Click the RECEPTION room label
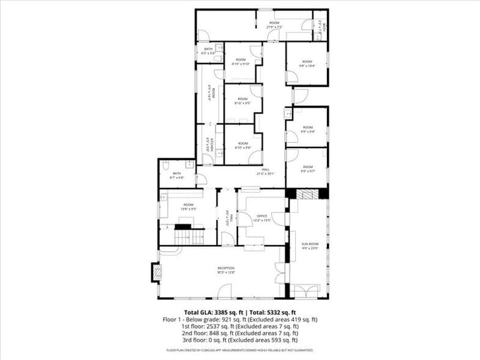coord(226,270)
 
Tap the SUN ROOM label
coord(310,246)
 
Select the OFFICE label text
coord(262,217)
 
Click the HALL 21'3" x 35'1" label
coord(266,171)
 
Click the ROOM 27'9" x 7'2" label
coord(274,25)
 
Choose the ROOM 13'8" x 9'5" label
coord(188,207)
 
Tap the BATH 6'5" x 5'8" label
coord(209,51)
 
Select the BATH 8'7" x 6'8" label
coord(177,176)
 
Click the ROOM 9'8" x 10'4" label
coord(307,64)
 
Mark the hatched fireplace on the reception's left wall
coord(156,272)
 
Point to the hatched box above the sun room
coord(308,193)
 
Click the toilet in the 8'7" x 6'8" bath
coord(165,165)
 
